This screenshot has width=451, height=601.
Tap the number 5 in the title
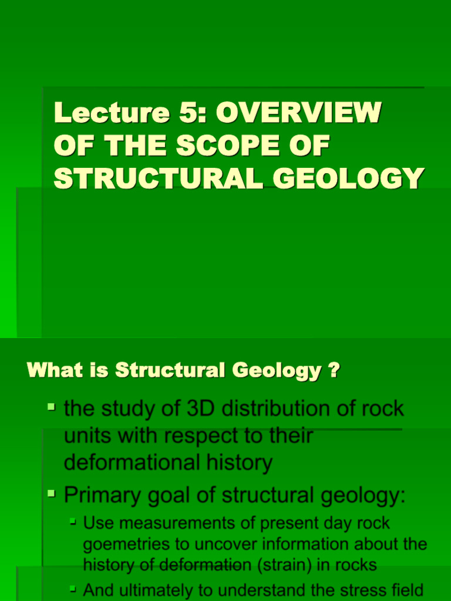coord(186,113)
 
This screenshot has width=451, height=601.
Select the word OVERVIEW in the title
coord(299,113)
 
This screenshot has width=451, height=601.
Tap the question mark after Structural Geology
coord(334,371)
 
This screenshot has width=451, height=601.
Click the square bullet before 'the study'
coord(52,406)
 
